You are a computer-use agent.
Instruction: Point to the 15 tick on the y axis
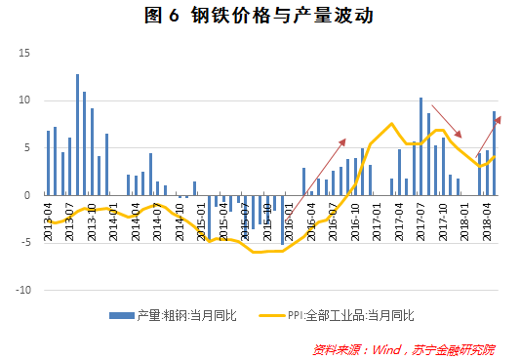pos(26,53)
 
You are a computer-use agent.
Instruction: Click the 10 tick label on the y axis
pos(26,100)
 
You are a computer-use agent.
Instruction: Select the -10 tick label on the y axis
pos(25,290)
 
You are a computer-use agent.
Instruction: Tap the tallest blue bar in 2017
pos(420,146)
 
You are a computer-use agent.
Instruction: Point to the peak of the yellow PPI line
pos(391,124)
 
